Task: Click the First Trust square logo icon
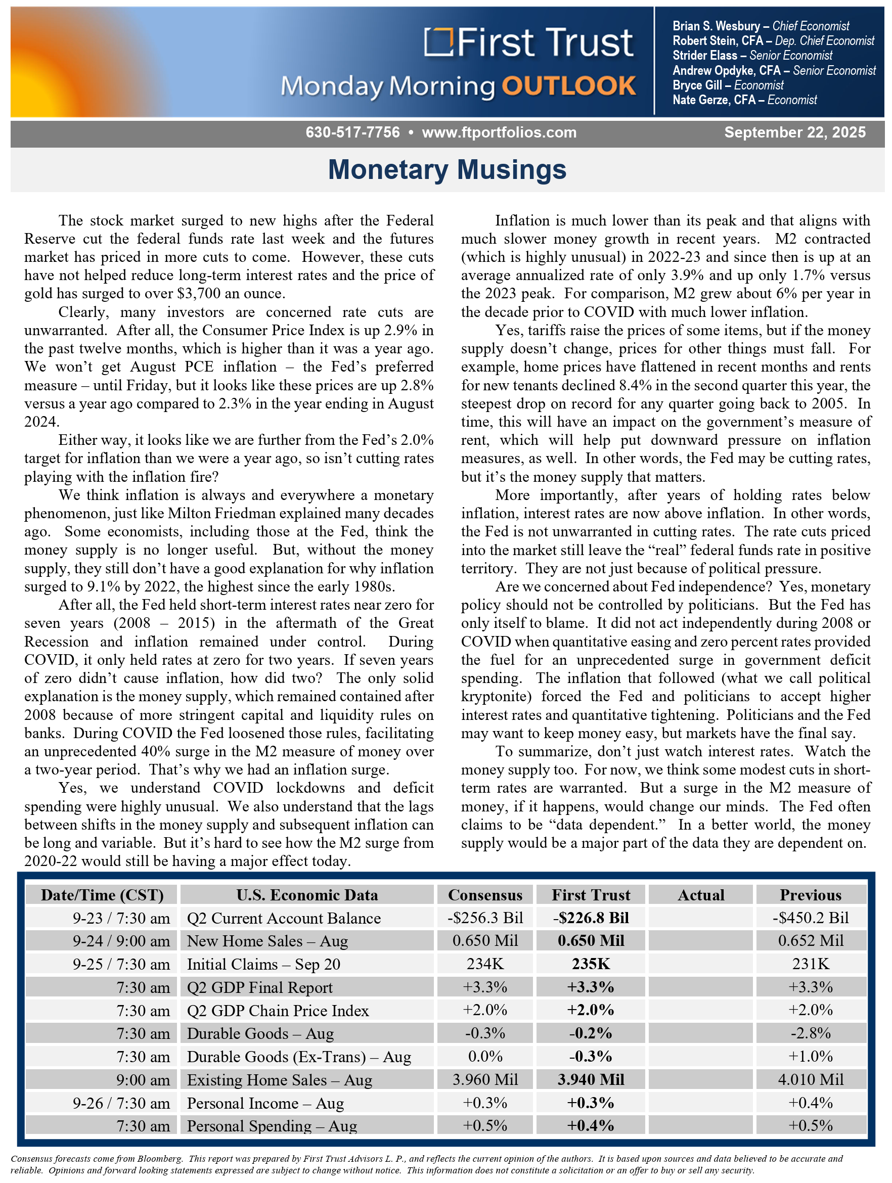pyautogui.click(x=438, y=42)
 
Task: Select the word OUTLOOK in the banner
pyautogui.click(x=568, y=86)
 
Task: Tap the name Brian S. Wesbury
pyautogui.click(x=716, y=26)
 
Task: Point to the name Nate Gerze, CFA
pyautogui.click(x=714, y=100)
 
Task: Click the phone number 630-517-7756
pyautogui.click(x=352, y=132)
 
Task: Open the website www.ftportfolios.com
pyautogui.click(x=499, y=132)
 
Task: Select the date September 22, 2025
pyautogui.click(x=795, y=132)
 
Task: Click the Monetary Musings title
pyautogui.click(x=447, y=170)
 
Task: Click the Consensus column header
pyautogui.click(x=485, y=895)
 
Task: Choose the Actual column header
pyautogui.click(x=700, y=895)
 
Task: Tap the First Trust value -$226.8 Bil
pyautogui.click(x=591, y=918)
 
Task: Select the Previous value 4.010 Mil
pyautogui.click(x=810, y=1079)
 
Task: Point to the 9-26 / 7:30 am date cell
pyautogui.click(x=121, y=1103)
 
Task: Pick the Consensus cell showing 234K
pyautogui.click(x=485, y=964)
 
